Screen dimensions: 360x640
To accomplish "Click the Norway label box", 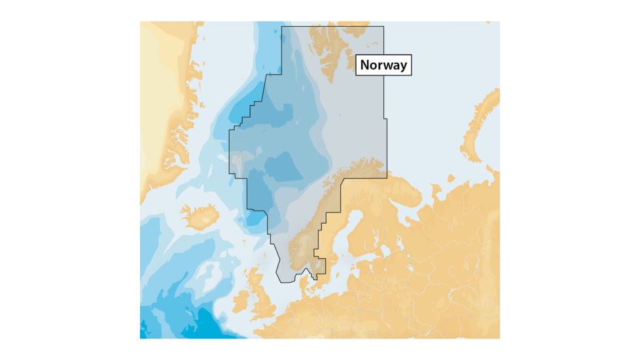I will click(x=383, y=65).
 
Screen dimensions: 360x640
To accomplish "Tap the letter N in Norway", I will click(x=364, y=65).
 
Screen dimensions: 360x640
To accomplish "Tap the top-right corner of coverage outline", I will click(x=383, y=26).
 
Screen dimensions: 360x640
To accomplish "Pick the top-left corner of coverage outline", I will click(x=281, y=26).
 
